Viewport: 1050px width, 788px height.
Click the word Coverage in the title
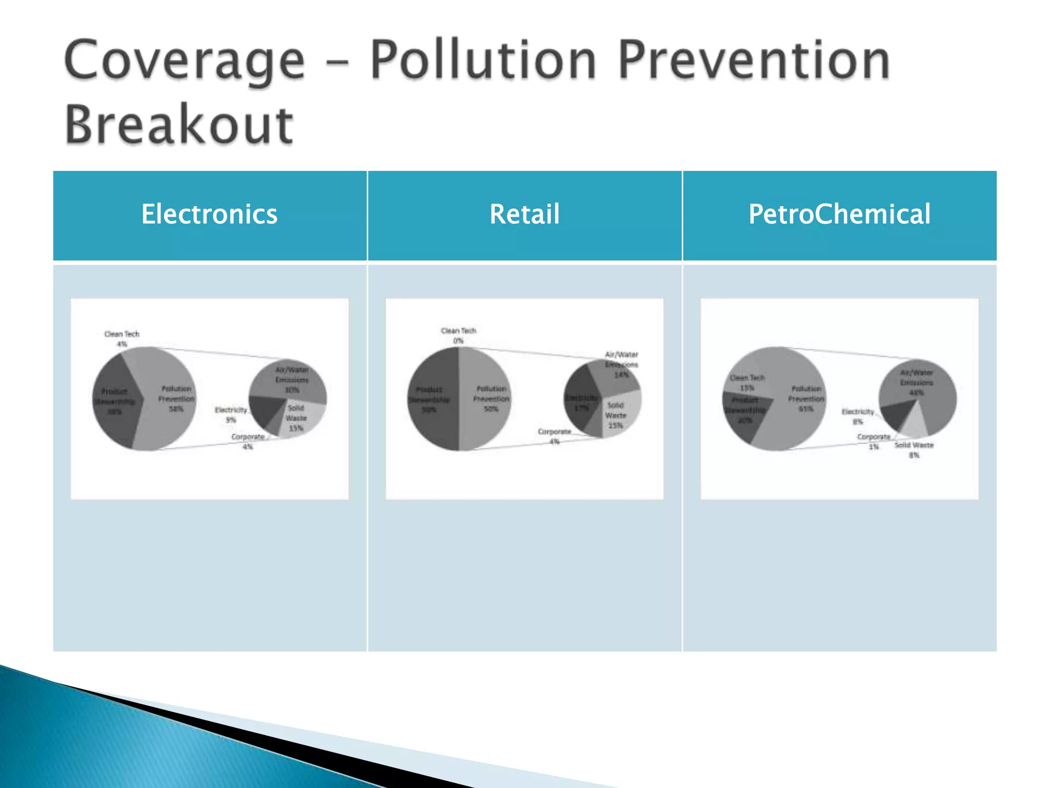click(x=185, y=62)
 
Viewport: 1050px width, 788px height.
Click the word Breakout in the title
click(x=179, y=125)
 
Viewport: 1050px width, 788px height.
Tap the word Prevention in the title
click(x=754, y=62)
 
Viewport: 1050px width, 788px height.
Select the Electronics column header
click(x=209, y=214)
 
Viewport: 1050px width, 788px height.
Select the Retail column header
click(x=524, y=214)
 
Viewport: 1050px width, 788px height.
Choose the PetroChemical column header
click(x=839, y=214)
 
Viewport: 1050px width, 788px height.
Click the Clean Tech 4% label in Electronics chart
click(x=122, y=339)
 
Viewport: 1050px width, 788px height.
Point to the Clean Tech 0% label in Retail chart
click(x=458, y=336)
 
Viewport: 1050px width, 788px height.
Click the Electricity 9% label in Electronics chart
click(x=231, y=415)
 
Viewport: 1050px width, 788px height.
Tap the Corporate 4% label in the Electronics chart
click(x=248, y=441)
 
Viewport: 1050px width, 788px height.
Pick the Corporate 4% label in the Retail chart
click(x=554, y=436)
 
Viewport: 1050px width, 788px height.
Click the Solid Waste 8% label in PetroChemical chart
click(x=914, y=450)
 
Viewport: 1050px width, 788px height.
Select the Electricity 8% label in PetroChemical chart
click(x=858, y=416)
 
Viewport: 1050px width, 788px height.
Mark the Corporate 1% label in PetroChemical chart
click(x=874, y=441)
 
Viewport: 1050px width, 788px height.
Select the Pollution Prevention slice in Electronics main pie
click(x=169, y=410)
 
